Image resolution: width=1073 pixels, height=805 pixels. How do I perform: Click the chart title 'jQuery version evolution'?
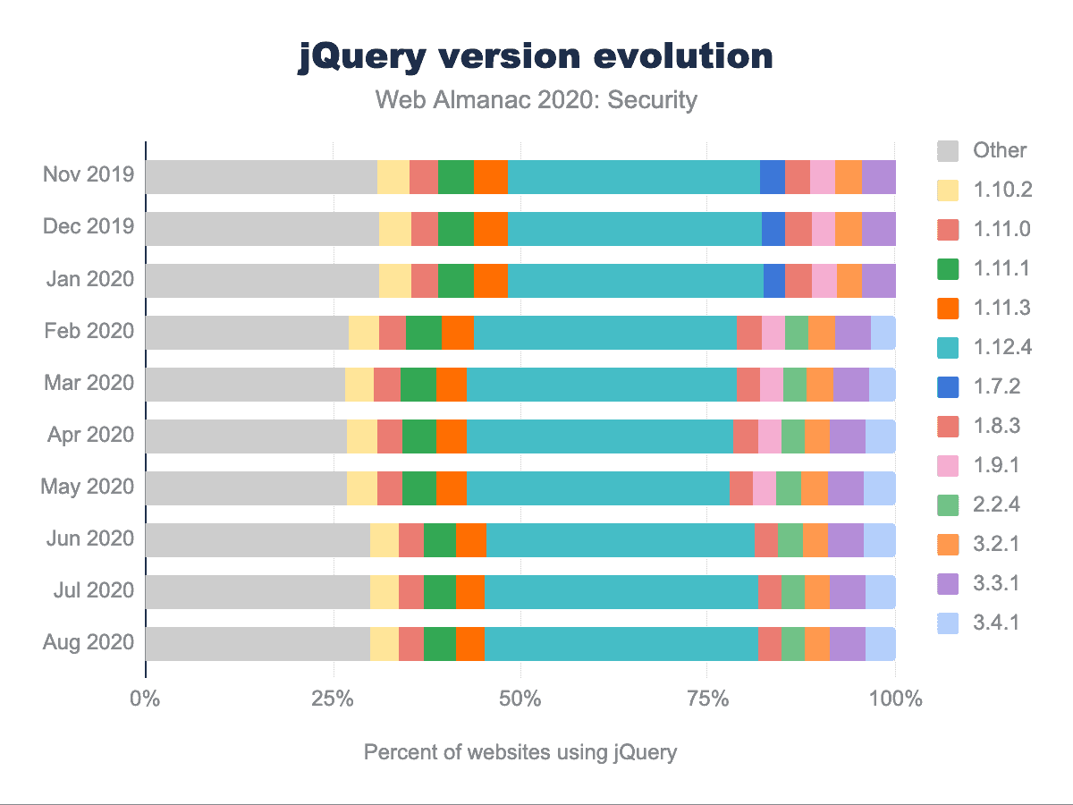point(536,57)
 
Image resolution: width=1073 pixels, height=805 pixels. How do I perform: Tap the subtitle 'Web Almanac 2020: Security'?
point(536,99)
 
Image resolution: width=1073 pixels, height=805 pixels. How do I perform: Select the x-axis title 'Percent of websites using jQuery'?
point(520,752)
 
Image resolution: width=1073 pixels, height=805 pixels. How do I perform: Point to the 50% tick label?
point(520,699)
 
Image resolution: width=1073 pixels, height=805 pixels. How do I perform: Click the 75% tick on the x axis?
point(707,699)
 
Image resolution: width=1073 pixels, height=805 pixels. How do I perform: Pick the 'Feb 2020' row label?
point(89,331)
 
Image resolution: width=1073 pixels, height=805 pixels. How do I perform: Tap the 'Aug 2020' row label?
point(89,642)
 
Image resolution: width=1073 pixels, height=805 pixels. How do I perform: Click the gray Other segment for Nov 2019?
point(261,176)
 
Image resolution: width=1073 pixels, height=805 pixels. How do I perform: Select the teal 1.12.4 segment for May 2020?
point(597,487)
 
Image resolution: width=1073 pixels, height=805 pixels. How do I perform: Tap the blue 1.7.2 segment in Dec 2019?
point(773,228)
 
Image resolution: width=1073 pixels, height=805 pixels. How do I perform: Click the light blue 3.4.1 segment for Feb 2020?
point(883,332)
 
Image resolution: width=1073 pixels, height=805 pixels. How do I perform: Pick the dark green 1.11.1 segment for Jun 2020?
point(440,539)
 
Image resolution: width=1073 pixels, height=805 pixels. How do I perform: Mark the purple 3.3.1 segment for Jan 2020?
point(879,280)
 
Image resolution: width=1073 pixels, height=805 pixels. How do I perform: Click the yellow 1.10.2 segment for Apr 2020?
point(362,436)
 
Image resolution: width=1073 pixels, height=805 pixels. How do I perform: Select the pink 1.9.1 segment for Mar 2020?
point(772,384)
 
